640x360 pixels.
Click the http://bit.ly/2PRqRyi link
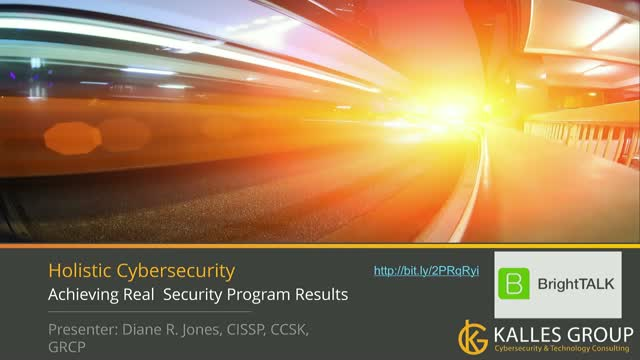pyautogui.click(x=427, y=271)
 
